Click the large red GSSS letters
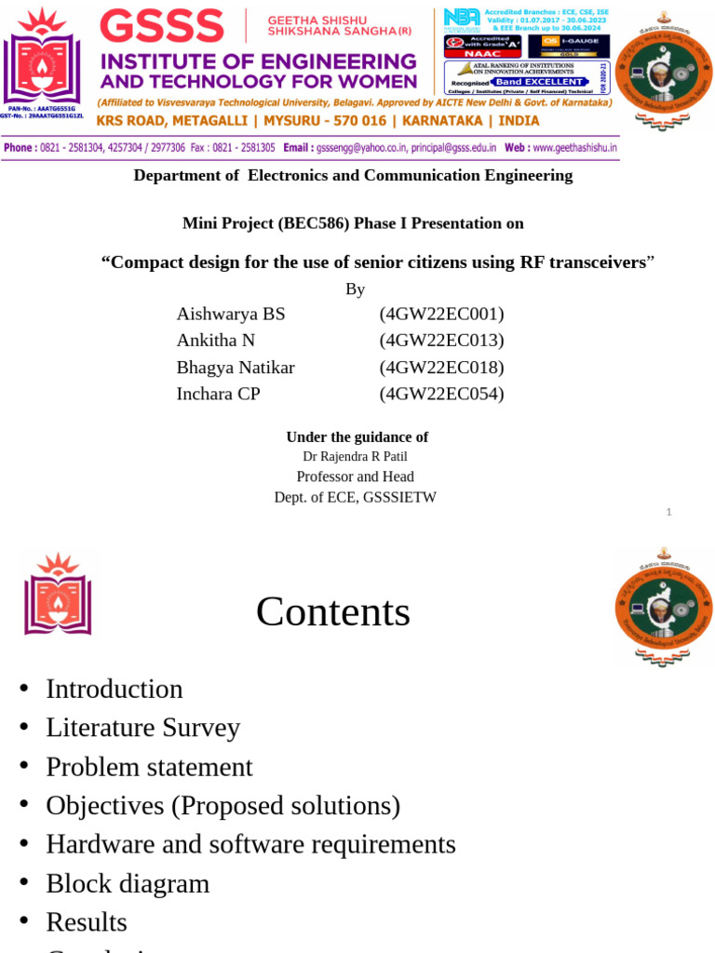[162, 25]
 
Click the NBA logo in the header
[462, 17]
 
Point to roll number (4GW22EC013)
[441, 340]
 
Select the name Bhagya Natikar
[236, 367]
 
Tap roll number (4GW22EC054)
[441, 394]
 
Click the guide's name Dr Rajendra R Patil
[355, 456]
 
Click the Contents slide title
[332, 611]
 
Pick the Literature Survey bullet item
[142, 727]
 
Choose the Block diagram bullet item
[128, 883]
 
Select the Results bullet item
[87, 921]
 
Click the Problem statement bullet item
[149, 767]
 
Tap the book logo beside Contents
[58, 596]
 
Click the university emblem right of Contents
[663, 607]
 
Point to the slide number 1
[668, 512]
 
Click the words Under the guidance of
[357, 436]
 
